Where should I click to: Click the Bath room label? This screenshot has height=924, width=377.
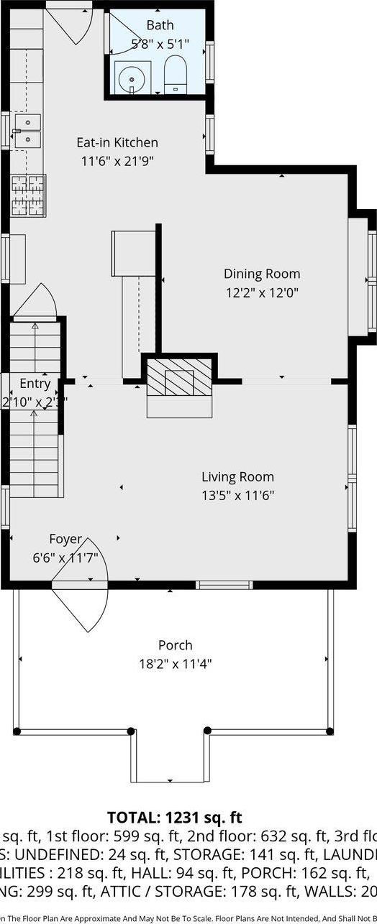pyautogui.click(x=160, y=25)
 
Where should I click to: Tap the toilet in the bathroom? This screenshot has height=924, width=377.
pyautogui.click(x=175, y=75)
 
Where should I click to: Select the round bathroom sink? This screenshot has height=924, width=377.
pyautogui.click(x=131, y=77)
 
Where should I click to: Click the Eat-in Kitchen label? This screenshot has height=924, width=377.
pyautogui.click(x=118, y=142)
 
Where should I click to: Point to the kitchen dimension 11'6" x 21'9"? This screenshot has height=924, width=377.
pyautogui.click(x=117, y=162)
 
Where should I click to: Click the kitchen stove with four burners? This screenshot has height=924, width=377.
pyautogui.click(x=28, y=195)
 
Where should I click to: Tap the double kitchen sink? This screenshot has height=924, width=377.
pyautogui.click(x=28, y=130)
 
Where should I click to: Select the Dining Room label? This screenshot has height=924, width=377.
pyautogui.click(x=261, y=274)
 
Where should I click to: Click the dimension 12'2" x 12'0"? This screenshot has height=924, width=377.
pyautogui.click(x=261, y=292)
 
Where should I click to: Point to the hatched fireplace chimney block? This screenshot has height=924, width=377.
pyautogui.click(x=180, y=376)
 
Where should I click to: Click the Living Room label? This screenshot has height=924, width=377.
pyautogui.click(x=237, y=476)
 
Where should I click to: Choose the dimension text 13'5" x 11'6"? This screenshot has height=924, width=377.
pyautogui.click(x=237, y=495)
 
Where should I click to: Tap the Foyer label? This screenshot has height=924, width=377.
pyautogui.click(x=65, y=539)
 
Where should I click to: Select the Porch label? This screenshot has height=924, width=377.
pyautogui.click(x=175, y=645)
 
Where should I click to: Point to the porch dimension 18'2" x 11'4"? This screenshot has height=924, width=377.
pyautogui.click(x=175, y=663)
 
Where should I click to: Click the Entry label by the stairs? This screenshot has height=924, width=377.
pyautogui.click(x=35, y=384)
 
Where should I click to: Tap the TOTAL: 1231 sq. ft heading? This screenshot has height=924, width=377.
pyautogui.click(x=175, y=817)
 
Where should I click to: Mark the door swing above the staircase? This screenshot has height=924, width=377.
pyautogui.click(x=36, y=302)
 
